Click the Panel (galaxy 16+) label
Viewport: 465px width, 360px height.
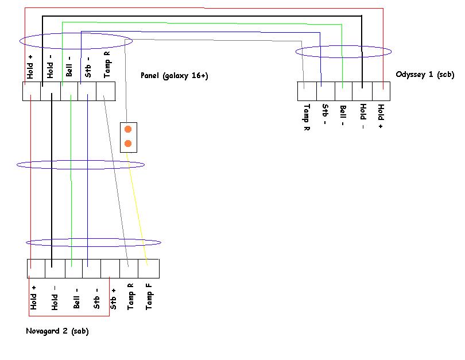point(174,76)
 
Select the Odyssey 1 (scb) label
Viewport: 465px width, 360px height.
point(425,75)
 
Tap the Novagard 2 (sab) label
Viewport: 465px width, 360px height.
point(57,331)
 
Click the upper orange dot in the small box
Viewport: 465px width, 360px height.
point(128,129)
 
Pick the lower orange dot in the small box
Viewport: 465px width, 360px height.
point(128,143)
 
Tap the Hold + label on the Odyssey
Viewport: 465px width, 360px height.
point(381,117)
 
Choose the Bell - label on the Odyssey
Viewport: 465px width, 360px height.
point(343,117)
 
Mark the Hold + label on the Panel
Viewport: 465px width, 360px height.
point(31,66)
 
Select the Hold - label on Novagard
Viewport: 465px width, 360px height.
point(55,298)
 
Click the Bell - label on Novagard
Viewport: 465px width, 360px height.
point(76,298)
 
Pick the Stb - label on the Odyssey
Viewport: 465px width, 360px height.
point(324,115)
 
